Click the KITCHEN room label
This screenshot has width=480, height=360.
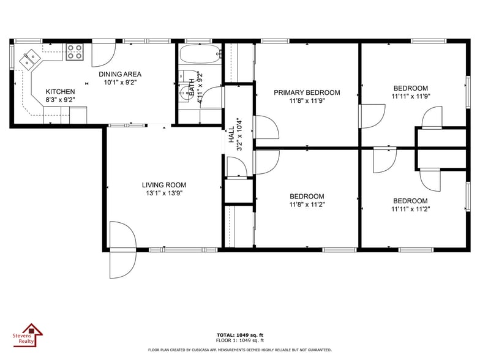coord(61,91)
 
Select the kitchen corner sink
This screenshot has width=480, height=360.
coord(29,59)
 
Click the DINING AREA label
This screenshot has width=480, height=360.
coord(120,74)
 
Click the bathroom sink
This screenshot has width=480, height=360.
coord(184,94)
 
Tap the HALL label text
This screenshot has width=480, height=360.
coord(231,135)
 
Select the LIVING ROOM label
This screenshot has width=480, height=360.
coord(163,185)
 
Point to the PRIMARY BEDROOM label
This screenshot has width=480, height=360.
coord(306,93)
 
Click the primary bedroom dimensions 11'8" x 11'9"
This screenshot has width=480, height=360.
coord(306,101)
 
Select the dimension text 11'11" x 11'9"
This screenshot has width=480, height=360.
coord(410,96)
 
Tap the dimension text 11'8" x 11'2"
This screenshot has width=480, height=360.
coord(307,204)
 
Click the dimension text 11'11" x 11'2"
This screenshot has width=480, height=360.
coord(410,209)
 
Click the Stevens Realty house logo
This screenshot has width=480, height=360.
coord(28,334)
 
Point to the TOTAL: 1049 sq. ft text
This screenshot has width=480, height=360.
coord(239,335)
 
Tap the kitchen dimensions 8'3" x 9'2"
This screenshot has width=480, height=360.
coord(60,100)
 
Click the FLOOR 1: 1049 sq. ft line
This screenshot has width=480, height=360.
coord(239,340)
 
